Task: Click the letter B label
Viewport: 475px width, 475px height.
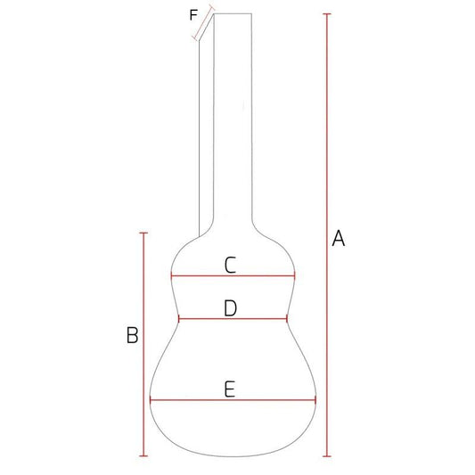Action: pyautogui.click(x=131, y=335)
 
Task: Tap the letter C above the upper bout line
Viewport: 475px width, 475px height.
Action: pyautogui.click(x=230, y=265)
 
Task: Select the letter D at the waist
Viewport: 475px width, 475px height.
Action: pyautogui.click(x=230, y=308)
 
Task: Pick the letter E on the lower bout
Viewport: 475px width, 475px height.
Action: pyautogui.click(x=230, y=389)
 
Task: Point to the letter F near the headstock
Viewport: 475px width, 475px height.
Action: pyautogui.click(x=194, y=14)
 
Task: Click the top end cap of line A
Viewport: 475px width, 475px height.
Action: pyautogui.click(x=327, y=15)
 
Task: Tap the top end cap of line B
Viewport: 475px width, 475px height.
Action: pyautogui.click(x=143, y=232)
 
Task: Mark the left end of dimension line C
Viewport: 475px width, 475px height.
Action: pyautogui.click(x=171, y=276)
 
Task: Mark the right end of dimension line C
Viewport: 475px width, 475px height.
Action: pyautogui.click(x=295, y=276)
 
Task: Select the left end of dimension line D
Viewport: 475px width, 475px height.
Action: pyautogui.click(x=179, y=319)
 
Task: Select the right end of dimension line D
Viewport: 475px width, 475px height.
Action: pyautogui.click(x=288, y=319)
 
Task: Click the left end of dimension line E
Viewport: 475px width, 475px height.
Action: pyautogui.click(x=150, y=400)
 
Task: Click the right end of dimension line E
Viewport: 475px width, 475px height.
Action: pyautogui.click(x=315, y=400)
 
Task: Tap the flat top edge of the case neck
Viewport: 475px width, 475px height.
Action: pyautogui.click(x=233, y=15)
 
